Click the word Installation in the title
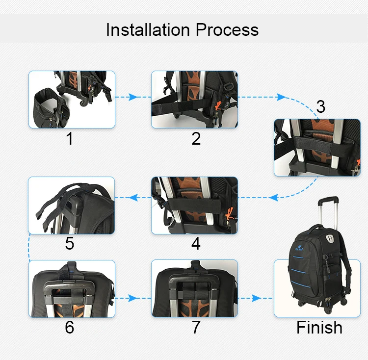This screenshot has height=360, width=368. [x=148, y=30]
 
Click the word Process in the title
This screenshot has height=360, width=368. [x=227, y=30]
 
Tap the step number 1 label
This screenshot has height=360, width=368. [x=70, y=139]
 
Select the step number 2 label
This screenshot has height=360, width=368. [x=196, y=139]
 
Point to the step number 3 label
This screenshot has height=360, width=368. [x=320, y=107]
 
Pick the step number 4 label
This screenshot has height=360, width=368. [x=196, y=244]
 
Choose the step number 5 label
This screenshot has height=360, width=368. [x=70, y=244]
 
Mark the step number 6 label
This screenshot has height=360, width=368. [x=70, y=327]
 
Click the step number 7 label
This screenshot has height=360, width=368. [x=196, y=327]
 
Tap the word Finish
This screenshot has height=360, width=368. [x=319, y=327]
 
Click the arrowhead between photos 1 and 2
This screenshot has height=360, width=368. [x=133, y=97]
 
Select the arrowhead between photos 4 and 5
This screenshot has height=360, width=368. [x=133, y=198]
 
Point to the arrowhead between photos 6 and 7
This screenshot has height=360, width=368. [x=133, y=298]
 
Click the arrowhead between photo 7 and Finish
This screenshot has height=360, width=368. [x=256, y=298]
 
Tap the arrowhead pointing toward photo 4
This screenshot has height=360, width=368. [x=274, y=198]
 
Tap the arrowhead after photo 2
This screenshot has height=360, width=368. [x=281, y=97]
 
